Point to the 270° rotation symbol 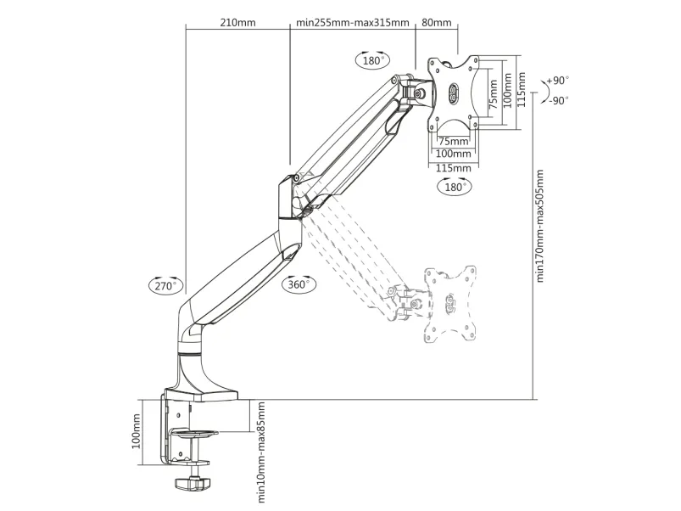coord(165,285)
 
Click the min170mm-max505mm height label coord(540,225)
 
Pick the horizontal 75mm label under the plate coord(453,141)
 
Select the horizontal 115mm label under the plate coord(453,167)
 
